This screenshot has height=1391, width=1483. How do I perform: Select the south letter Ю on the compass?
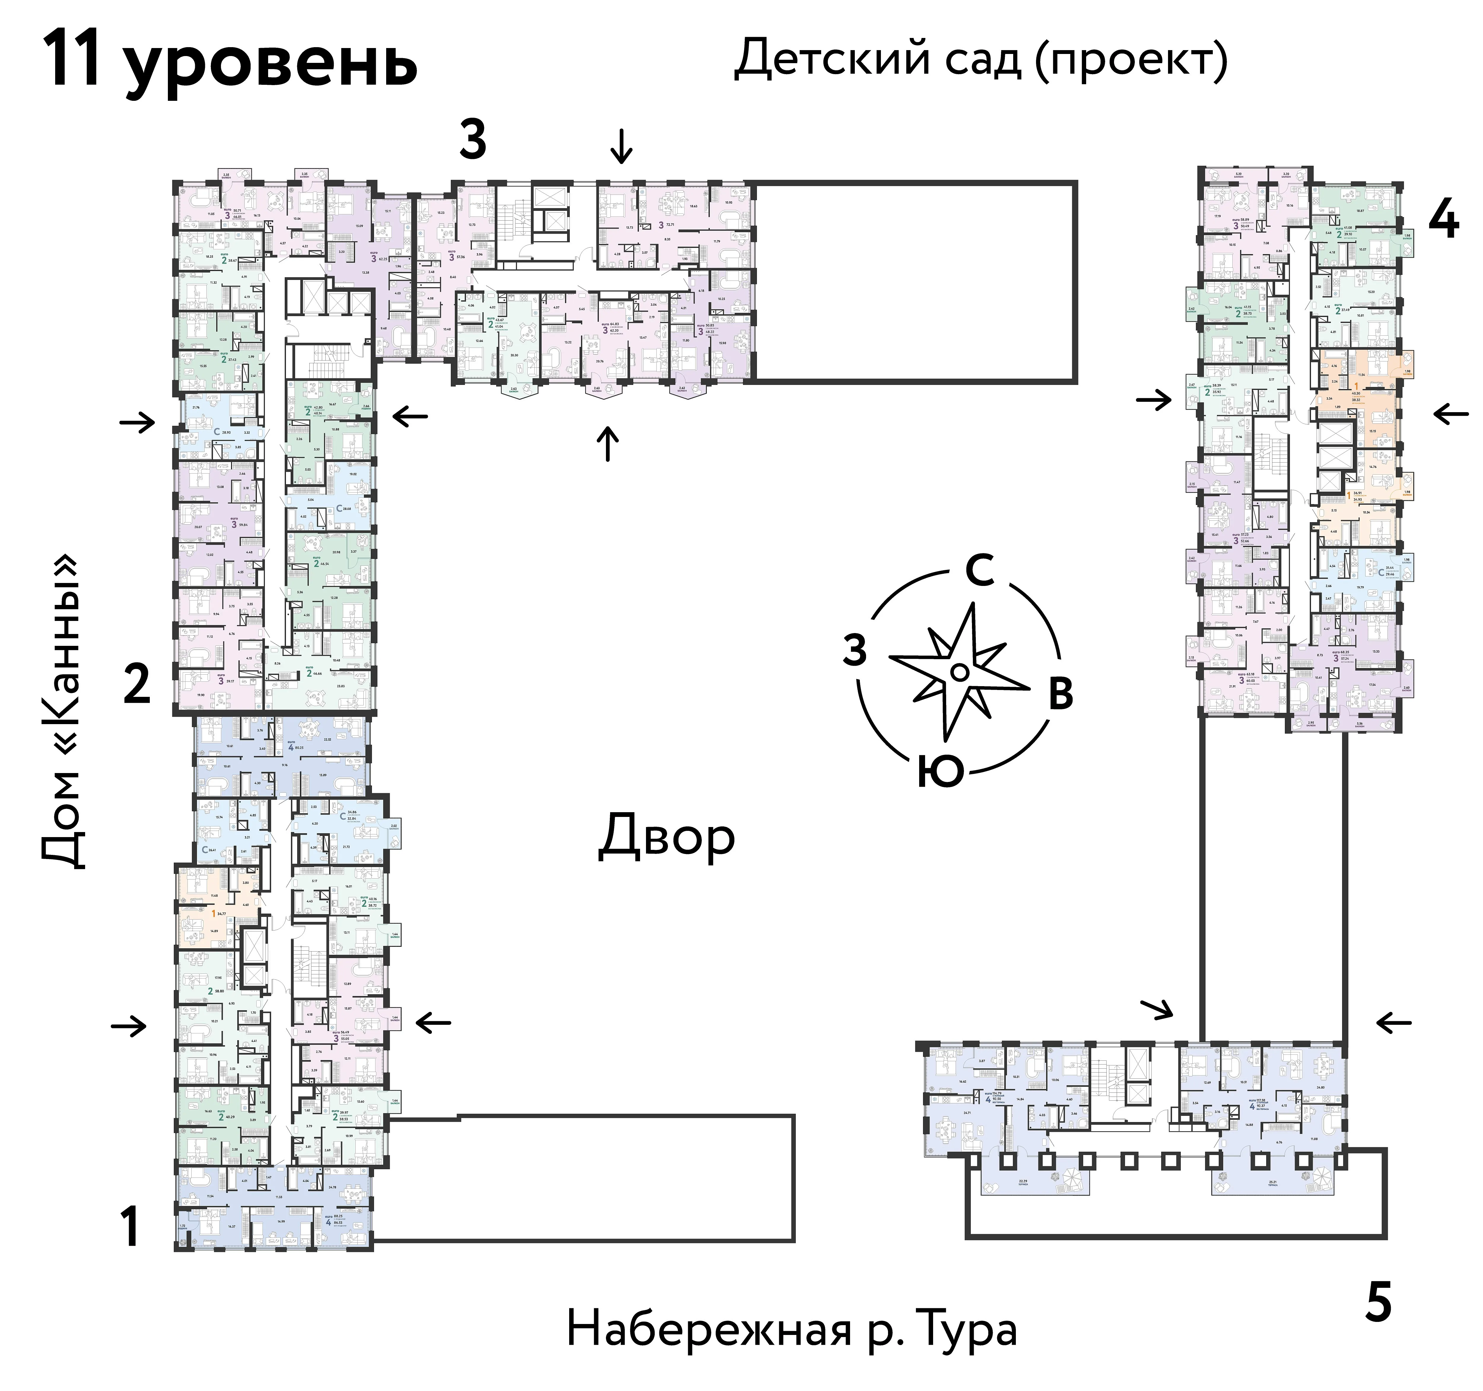(x=941, y=772)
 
